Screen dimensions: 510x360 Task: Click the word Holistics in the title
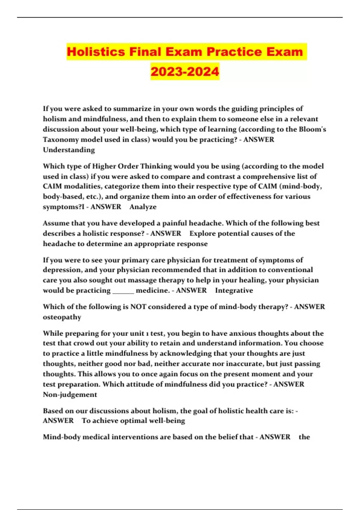[96, 52]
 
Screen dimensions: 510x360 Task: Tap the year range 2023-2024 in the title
[185, 72]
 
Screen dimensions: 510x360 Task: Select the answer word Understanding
[69, 150]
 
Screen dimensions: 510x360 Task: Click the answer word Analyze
[143, 207]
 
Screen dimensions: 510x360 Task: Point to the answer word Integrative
[234, 290]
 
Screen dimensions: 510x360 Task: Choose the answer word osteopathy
[62, 317]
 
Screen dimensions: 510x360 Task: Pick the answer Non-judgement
[70, 394]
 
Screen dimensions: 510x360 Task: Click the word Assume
[55, 223]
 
